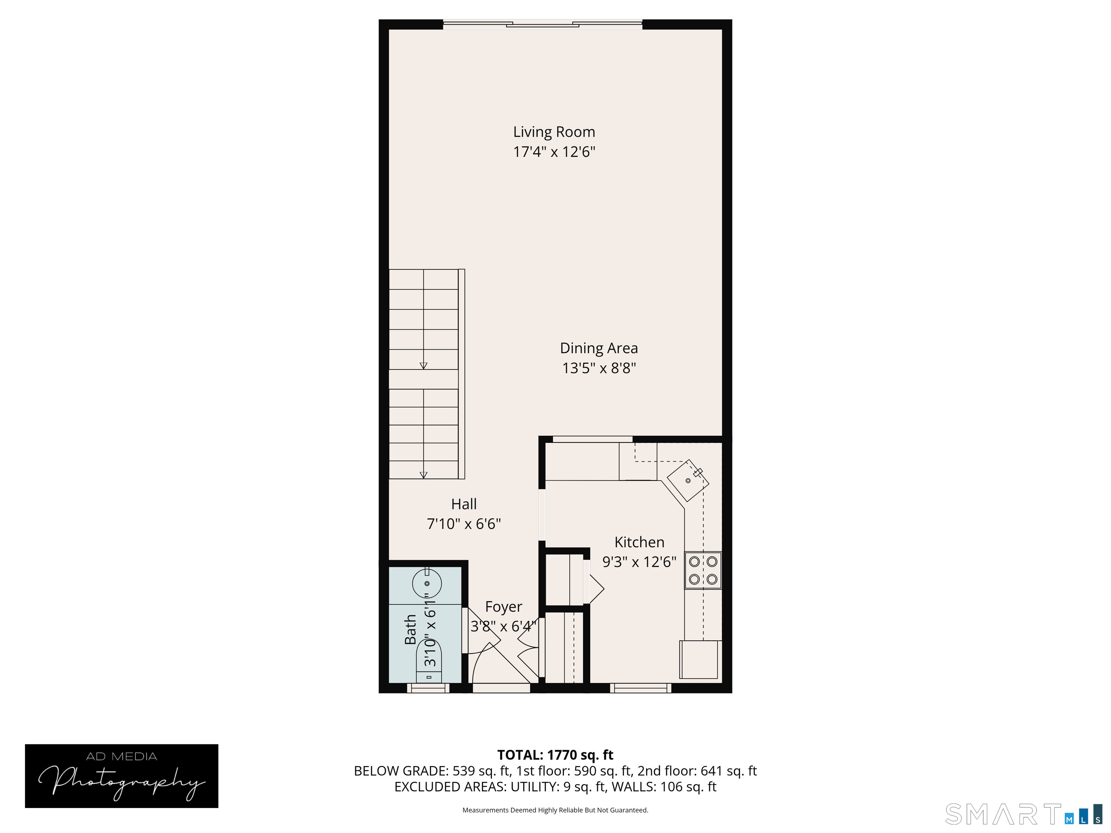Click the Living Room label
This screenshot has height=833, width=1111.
click(554, 132)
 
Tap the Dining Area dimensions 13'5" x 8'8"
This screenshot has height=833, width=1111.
click(599, 368)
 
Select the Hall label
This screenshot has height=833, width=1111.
click(464, 504)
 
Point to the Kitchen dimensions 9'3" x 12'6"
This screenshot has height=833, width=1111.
click(639, 561)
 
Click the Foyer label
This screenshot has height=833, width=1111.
click(504, 607)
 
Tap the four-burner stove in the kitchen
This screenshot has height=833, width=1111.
click(703, 571)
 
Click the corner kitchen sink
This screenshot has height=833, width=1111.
click(688, 480)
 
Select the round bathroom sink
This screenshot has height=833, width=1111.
click(427, 584)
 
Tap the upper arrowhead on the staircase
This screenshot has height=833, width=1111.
click(423, 366)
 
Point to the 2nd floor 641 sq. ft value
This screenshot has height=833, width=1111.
click(729, 771)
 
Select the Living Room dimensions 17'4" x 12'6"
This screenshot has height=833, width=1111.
click(554, 151)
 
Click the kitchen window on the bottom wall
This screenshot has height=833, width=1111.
click(641, 688)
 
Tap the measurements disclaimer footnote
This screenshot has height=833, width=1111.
click(555, 810)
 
